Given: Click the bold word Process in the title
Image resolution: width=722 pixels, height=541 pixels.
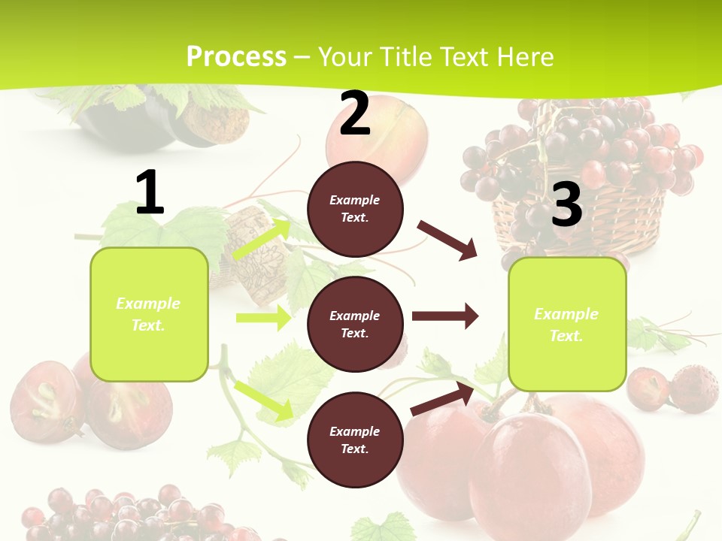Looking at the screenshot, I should (236, 56).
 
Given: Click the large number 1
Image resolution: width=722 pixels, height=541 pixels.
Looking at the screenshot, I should (150, 193).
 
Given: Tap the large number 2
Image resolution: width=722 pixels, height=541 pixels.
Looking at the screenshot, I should (354, 113).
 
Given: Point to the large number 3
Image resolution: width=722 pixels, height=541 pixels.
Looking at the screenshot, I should (566, 204).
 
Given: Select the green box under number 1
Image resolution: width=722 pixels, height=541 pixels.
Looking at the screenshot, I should (149, 314).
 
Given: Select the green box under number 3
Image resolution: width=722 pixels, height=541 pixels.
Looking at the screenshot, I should (567, 324).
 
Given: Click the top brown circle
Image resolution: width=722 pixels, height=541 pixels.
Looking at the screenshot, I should (355, 209).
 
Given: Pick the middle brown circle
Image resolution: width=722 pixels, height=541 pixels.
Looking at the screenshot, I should (355, 324).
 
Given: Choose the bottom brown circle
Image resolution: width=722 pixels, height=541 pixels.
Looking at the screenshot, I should (355, 440).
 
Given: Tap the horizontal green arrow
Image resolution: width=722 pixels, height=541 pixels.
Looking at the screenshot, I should (263, 318).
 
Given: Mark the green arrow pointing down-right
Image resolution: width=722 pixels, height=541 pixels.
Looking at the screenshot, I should (263, 400).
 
